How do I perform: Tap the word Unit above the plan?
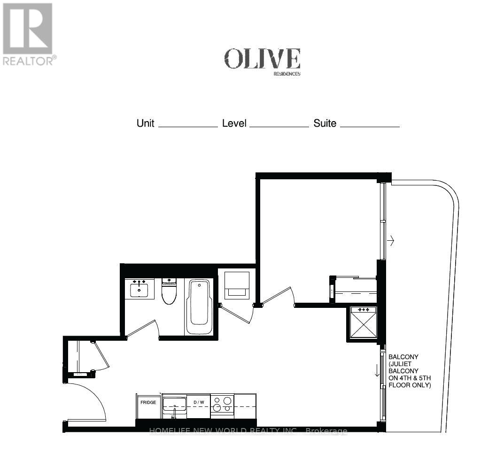pyautogui.click(x=145, y=123)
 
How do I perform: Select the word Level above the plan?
pyautogui.click(x=234, y=123)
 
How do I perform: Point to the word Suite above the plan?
pyautogui.click(x=325, y=123)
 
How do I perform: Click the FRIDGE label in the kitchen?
pyautogui.click(x=148, y=403)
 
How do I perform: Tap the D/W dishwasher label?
pyautogui.click(x=199, y=403)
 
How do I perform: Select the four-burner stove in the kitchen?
pyautogui.click(x=222, y=405)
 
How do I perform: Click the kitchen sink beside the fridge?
pyautogui.click(x=174, y=405)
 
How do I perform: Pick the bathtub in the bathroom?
pyautogui.click(x=200, y=306)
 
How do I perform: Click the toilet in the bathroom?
pyautogui.click(x=168, y=291)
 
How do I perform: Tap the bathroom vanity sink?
pyautogui.click(x=139, y=288)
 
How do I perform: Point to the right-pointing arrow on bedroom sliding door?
pyautogui.click(x=390, y=241)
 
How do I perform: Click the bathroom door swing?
pyautogui.click(x=143, y=329)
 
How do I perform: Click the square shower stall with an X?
pyautogui.click(x=364, y=323)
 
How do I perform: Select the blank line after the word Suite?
pyautogui.click(x=370, y=126)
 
